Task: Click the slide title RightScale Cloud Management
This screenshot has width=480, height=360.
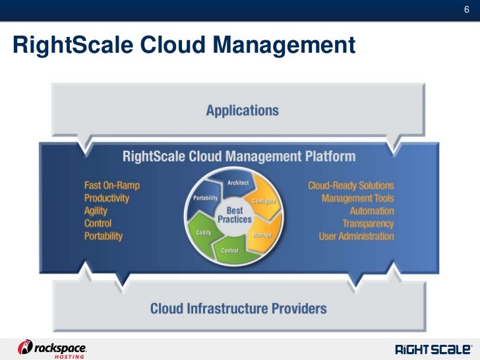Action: (184, 45)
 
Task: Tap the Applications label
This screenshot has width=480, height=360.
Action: (242, 110)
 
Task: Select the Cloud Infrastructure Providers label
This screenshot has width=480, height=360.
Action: (239, 308)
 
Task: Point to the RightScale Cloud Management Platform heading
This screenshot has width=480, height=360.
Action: (239, 157)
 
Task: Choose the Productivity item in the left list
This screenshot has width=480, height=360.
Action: (107, 198)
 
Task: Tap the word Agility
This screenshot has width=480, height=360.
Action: (96, 211)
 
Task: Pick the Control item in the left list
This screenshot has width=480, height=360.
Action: (98, 224)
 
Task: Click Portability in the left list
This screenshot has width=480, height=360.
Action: (104, 236)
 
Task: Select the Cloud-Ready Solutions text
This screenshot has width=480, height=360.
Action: (351, 186)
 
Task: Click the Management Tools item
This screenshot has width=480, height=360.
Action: (357, 198)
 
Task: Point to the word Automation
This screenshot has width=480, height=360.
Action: (372, 211)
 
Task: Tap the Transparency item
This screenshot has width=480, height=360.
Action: (368, 224)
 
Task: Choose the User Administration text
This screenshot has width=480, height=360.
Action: (356, 236)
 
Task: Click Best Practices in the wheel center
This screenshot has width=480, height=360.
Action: (235, 214)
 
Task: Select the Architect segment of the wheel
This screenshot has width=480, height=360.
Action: (238, 182)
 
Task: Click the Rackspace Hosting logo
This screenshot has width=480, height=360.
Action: (53, 349)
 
